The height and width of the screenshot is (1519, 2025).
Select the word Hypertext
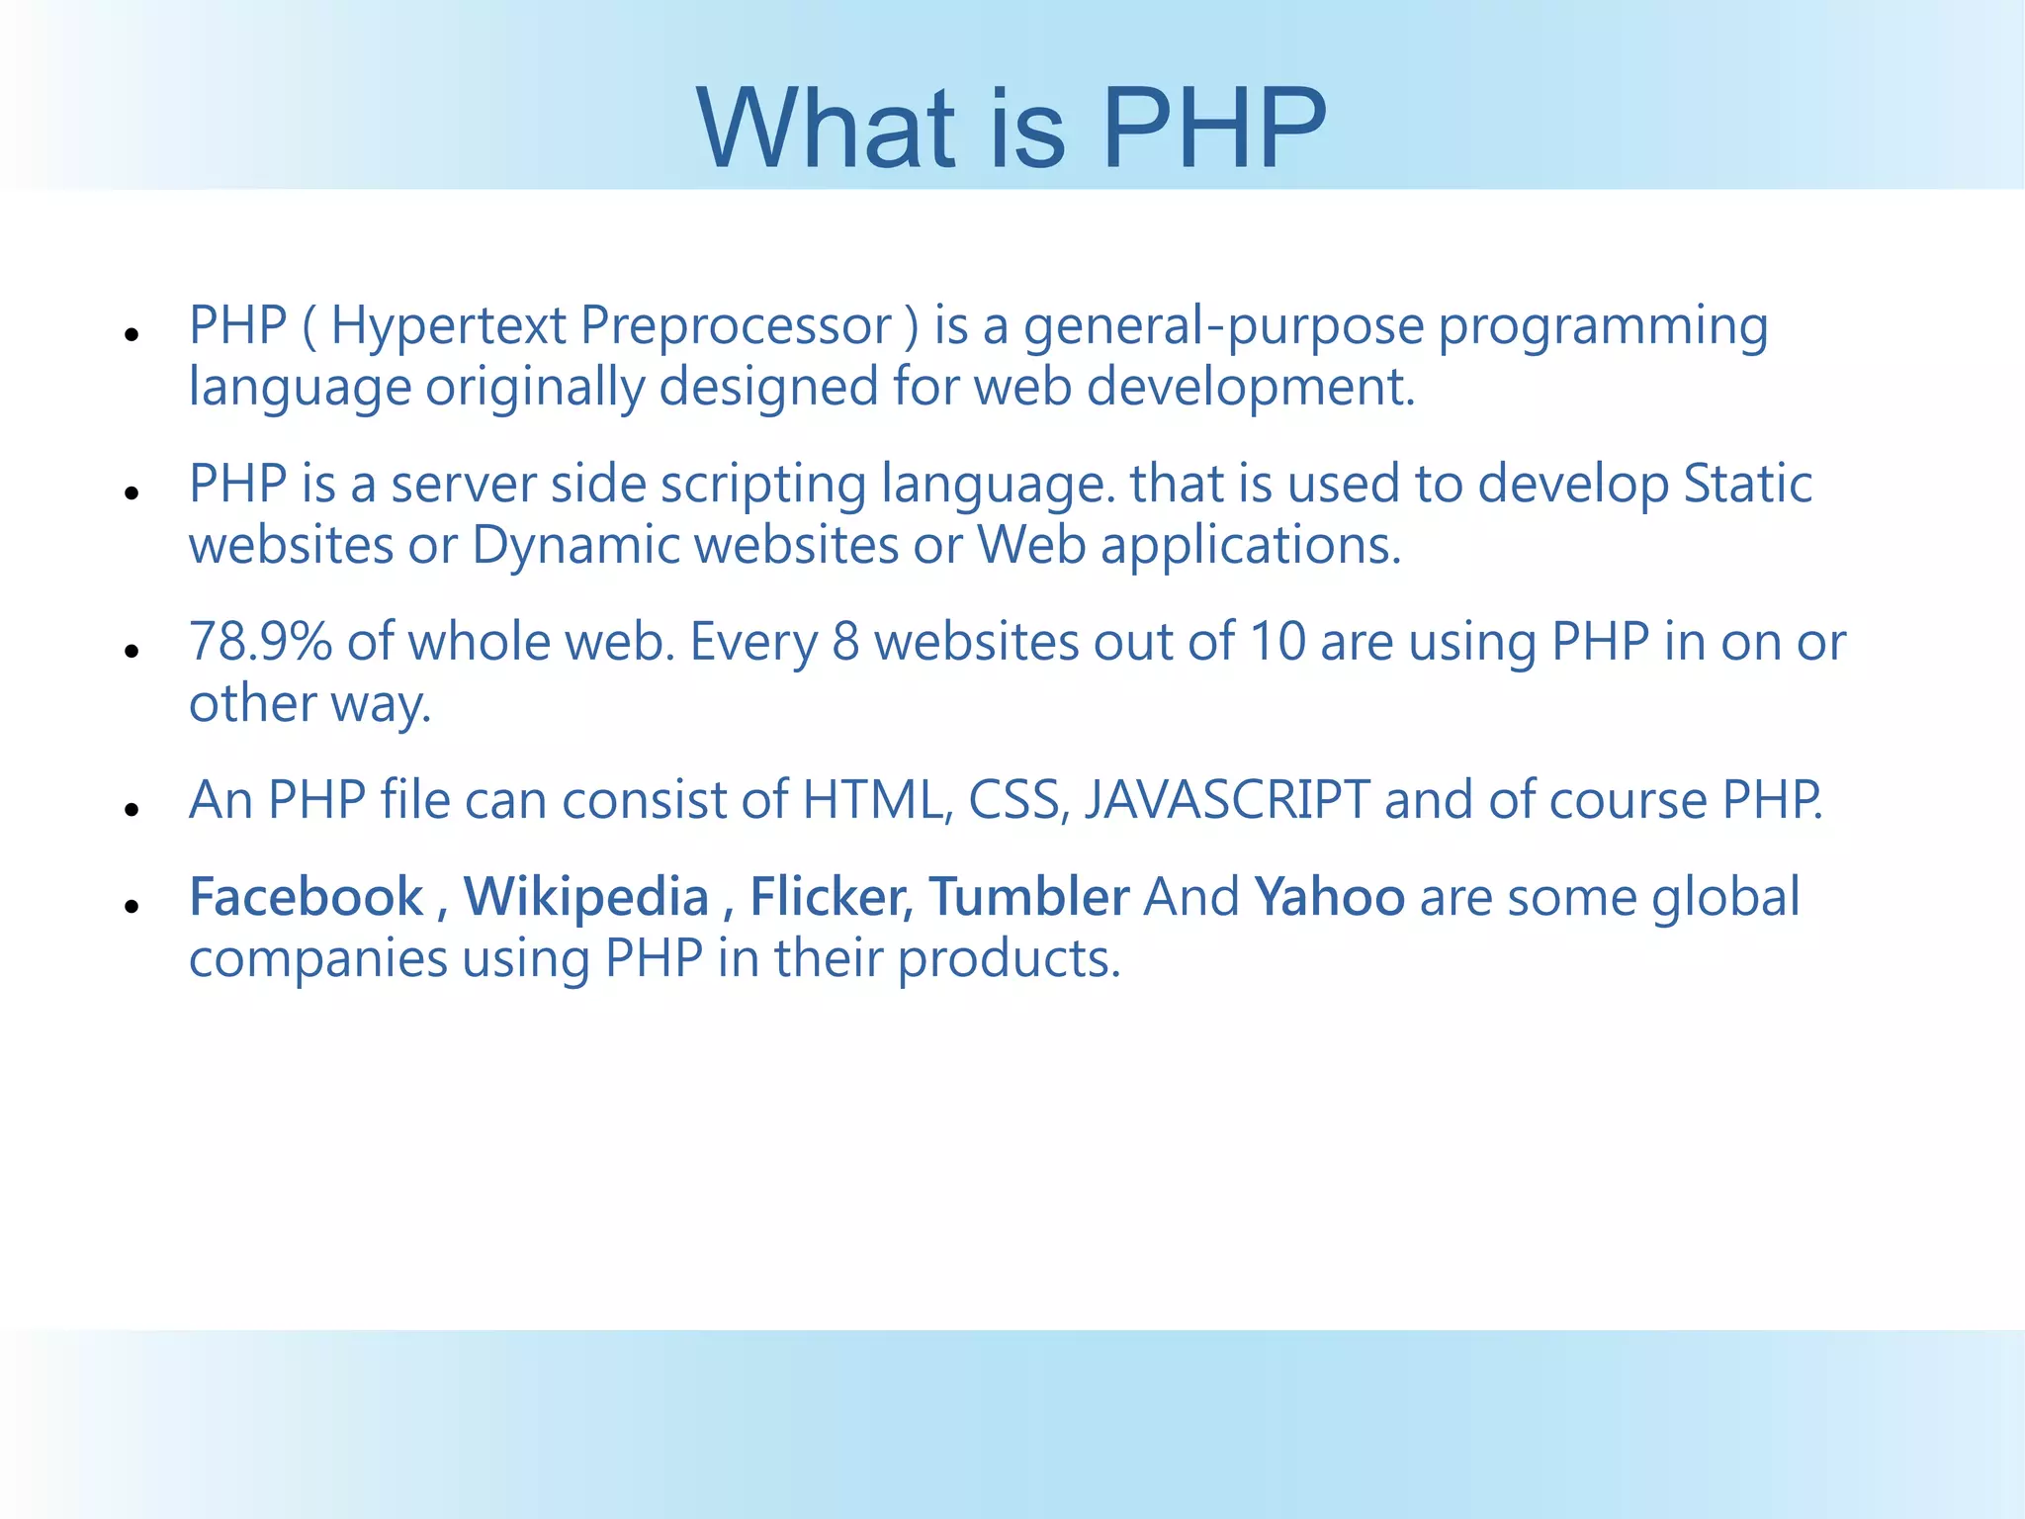tap(447, 327)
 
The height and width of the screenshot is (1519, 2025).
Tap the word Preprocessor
tap(736, 327)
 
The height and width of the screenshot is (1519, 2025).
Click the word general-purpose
tap(1223, 327)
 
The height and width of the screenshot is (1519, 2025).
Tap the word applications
tap(1251, 546)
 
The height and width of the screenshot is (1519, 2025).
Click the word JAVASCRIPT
tap(1227, 800)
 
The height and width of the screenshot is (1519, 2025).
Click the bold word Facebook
tap(306, 898)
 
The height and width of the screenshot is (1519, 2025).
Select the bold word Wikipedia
tap(586, 898)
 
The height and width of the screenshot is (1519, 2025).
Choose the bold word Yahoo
tap(1329, 898)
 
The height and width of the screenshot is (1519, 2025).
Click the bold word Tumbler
tap(1028, 898)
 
